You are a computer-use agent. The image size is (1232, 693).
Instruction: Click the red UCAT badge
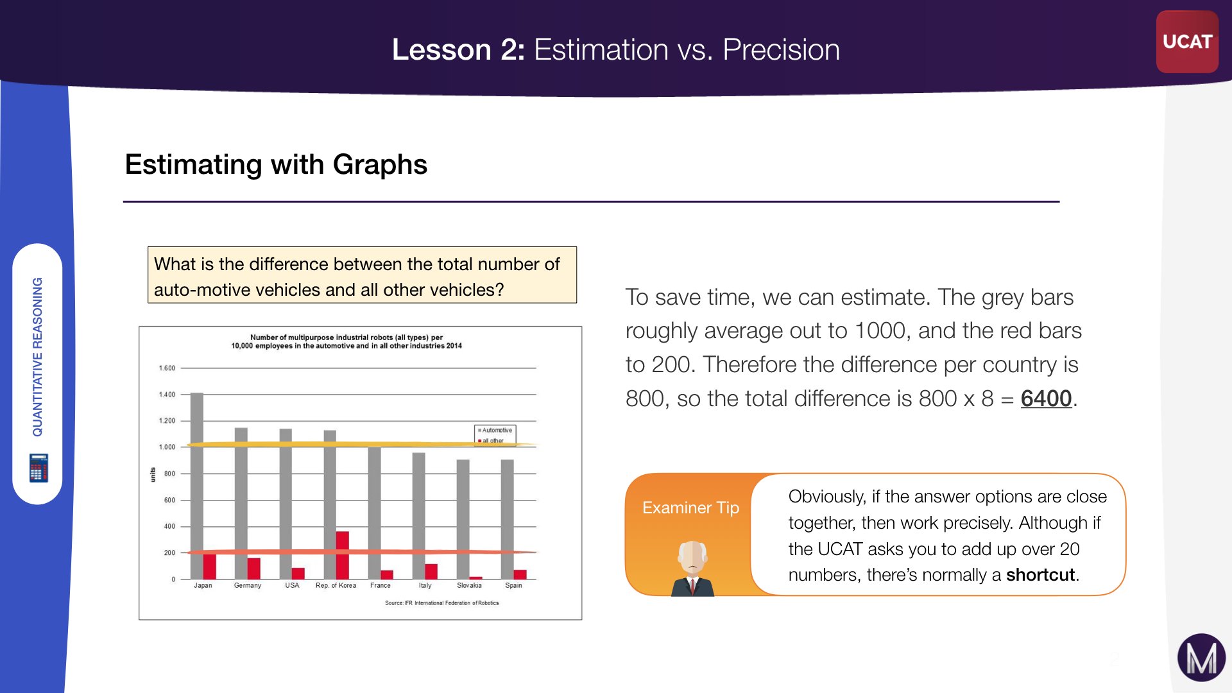click(1187, 42)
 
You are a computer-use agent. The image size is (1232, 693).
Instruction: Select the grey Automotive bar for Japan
click(197, 486)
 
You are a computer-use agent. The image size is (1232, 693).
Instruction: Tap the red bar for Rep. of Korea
click(343, 555)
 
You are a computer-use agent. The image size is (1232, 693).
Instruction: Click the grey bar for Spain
click(507, 519)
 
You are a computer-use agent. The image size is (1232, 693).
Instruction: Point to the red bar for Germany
click(254, 569)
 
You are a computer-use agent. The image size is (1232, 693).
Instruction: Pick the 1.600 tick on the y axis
click(167, 368)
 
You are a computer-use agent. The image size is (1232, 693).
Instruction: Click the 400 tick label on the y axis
click(169, 526)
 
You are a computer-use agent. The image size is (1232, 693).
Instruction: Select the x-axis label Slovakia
click(469, 585)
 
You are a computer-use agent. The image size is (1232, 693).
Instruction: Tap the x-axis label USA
click(292, 585)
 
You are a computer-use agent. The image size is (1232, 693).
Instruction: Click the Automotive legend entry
click(495, 430)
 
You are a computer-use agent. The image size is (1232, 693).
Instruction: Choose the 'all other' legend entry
click(491, 441)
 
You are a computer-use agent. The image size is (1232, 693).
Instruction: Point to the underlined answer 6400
click(1046, 398)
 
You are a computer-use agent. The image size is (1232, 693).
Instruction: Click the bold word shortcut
click(1040, 575)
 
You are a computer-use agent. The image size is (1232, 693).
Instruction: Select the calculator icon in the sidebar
click(38, 468)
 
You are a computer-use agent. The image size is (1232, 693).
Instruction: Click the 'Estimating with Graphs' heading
click(276, 164)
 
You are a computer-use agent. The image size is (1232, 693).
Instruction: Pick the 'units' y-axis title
click(153, 474)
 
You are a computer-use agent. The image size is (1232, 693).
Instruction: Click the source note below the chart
click(441, 603)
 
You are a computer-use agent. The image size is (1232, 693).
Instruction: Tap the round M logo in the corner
click(1201, 658)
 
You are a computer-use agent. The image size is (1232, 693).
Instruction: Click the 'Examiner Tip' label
click(690, 508)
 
